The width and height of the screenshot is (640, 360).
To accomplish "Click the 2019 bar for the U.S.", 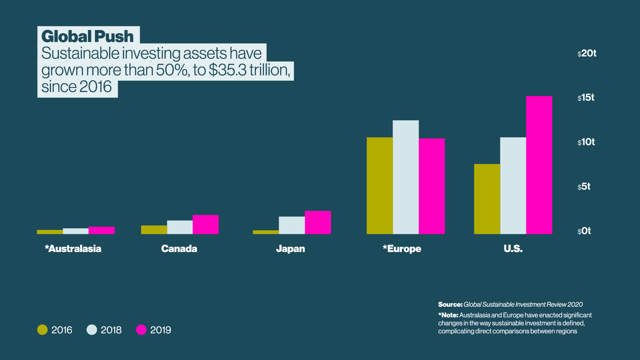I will coord(539,165).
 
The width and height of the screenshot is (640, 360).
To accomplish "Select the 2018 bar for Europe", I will coord(406,177).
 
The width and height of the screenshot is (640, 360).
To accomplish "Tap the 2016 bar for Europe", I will coord(380,186).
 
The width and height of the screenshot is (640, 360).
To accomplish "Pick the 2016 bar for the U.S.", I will coord(487,199).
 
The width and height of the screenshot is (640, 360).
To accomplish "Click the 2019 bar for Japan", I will coord(318,222).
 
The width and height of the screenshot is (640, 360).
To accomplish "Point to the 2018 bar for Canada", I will coord(180,227).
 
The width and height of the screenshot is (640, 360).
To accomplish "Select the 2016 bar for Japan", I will coord(266,232).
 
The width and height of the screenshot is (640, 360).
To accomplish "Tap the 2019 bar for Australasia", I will coord(102,230).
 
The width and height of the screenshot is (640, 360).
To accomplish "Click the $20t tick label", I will coord(587,53).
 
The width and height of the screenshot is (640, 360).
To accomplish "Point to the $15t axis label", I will coord(586,98).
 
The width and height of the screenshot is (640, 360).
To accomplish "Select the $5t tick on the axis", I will coord(584,186).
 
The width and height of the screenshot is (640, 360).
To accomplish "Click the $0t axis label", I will coord(584,231).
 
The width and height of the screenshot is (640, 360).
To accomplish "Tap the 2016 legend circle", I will coord(42,330).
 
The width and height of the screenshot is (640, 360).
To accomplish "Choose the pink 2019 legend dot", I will coord(141,330).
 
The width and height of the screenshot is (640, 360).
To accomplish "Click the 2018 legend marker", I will coord(92,330).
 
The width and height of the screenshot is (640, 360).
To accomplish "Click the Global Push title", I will coord(87,36).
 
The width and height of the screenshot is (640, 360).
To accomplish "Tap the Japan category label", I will coord(290,249).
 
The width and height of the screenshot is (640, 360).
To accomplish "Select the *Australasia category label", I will coord(73,249).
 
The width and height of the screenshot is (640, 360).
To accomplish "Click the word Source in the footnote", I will coord(450,304).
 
